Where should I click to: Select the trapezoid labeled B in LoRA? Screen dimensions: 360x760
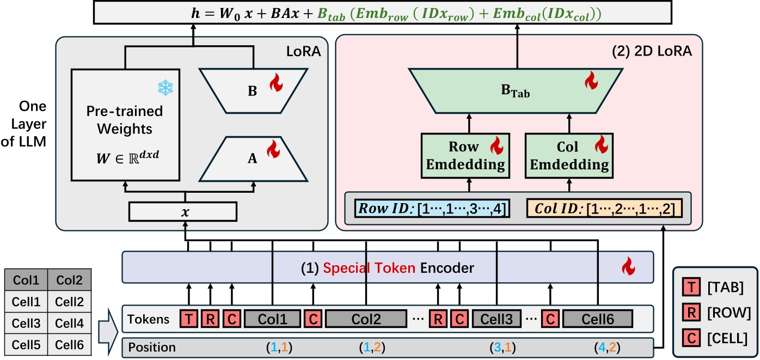(253, 91)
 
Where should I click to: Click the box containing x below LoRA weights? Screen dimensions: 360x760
(183, 211)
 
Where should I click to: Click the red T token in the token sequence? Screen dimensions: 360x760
(189, 319)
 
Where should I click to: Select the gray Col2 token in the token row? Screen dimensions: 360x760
(366, 319)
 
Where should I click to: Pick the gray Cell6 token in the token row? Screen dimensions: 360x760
(598, 319)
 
